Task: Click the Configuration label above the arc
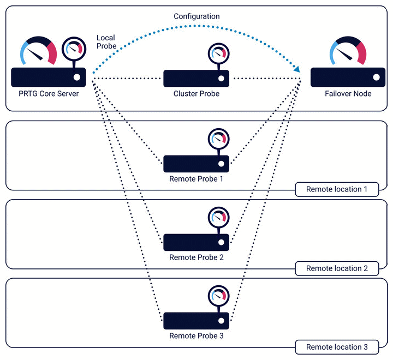coord(196,16)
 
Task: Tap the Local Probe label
coord(106,42)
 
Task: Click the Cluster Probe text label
coord(196,94)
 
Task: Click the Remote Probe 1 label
coord(196,178)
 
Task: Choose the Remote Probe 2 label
coord(196,257)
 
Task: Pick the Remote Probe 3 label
coord(196,335)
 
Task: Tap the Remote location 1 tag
coord(337,189)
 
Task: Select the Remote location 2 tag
coord(337,268)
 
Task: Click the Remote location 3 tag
coord(337,347)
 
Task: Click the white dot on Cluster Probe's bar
coord(221,78)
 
